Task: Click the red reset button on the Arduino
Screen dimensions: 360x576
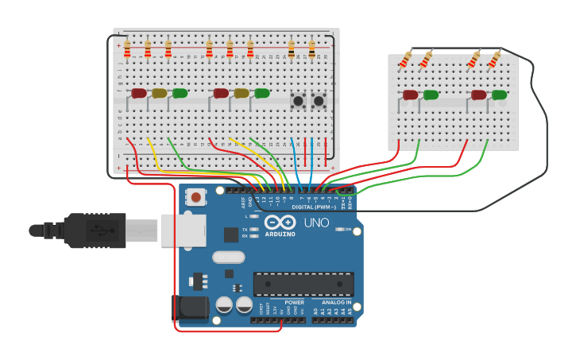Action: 195,198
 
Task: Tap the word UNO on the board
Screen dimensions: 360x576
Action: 317,223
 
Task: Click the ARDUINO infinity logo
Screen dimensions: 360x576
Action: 280,223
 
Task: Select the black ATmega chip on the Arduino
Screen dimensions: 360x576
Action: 303,284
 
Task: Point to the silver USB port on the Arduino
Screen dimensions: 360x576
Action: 183,230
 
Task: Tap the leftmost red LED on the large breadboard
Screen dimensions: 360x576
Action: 138,93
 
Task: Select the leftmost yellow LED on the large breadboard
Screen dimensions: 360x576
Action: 159,93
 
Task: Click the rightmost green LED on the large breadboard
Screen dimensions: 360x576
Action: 261,93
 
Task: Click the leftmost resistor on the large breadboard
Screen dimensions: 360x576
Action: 127,49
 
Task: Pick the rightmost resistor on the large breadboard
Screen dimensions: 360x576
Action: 311,49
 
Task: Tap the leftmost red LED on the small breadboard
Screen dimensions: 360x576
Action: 410,95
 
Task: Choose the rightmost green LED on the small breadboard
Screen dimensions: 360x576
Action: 499,95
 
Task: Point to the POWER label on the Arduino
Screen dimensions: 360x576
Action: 294,303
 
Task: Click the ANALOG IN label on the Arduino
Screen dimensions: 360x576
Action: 337,303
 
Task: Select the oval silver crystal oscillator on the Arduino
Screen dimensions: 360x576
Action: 229,257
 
